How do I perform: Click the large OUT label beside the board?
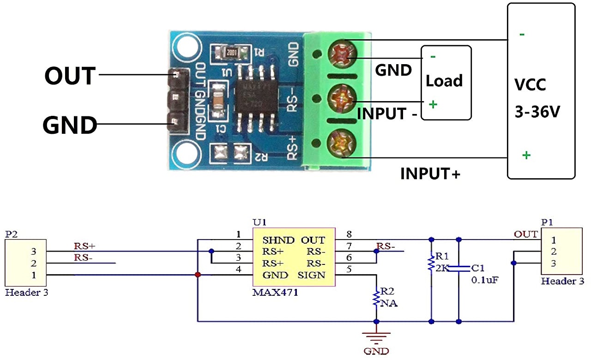click(70, 75)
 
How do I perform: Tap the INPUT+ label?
click(430, 174)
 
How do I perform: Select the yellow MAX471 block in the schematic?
click(294, 257)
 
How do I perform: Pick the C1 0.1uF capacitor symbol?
click(458, 268)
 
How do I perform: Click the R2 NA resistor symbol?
click(376, 298)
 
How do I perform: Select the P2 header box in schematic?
click(25, 263)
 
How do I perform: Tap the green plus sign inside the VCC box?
click(526, 155)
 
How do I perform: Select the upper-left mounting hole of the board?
click(186, 48)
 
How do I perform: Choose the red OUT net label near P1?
click(525, 234)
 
